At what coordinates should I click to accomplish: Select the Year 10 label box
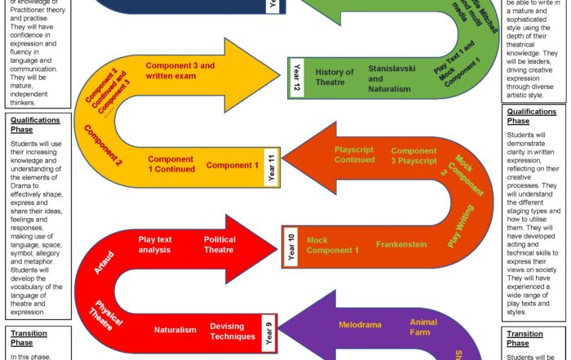click(x=290, y=246)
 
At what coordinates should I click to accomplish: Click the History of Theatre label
click(x=334, y=78)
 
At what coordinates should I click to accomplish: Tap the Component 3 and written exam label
click(x=180, y=70)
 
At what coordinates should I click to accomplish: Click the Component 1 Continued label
click(x=171, y=163)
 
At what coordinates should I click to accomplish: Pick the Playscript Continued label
click(x=354, y=154)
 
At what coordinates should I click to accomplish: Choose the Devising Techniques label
click(x=227, y=331)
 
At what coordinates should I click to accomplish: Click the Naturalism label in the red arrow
click(x=175, y=330)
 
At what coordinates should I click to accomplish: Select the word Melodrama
click(x=360, y=325)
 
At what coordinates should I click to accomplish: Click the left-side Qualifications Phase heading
click(x=35, y=124)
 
